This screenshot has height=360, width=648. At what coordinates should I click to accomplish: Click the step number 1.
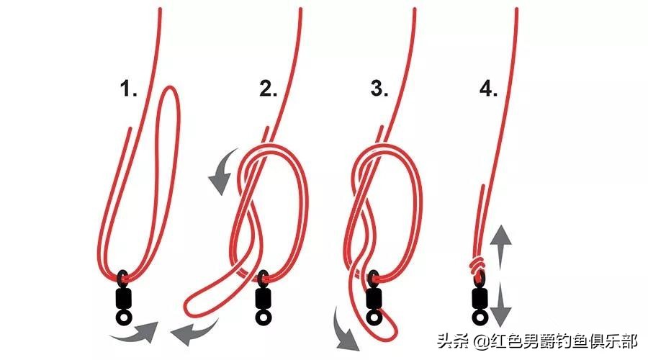[128, 90]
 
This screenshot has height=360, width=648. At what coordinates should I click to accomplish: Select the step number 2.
[268, 90]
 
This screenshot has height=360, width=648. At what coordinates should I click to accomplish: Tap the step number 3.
[379, 90]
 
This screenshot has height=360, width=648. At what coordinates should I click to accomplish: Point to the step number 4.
[488, 90]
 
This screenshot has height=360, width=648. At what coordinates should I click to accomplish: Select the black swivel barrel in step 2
[263, 296]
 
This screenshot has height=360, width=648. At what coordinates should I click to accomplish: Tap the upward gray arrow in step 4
[503, 241]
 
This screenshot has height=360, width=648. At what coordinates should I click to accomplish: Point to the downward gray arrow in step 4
[503, 308]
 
